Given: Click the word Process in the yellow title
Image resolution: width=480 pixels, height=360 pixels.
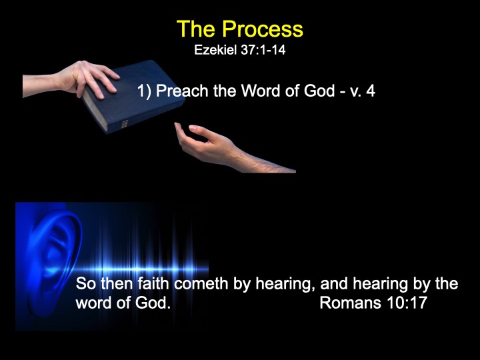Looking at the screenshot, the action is tap(263, 29).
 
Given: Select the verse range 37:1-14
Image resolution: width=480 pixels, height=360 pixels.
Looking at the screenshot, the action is tap(263, 50).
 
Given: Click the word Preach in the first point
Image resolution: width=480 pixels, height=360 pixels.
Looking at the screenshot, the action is tap(182, 91).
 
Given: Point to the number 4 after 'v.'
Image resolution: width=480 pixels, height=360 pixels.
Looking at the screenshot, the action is tap(371, 91).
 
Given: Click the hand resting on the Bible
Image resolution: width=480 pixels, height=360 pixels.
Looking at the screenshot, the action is tap(71, 79).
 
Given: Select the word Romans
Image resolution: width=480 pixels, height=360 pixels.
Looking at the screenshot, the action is tap(350, 303).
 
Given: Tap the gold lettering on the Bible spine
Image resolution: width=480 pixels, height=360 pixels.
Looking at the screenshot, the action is tap(125, 124).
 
